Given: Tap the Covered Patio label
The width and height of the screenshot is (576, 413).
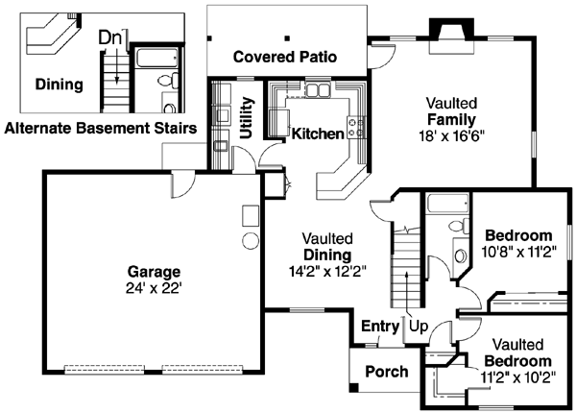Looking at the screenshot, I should (x=285, y=57).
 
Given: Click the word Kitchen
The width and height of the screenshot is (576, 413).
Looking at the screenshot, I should (x=318, y=134).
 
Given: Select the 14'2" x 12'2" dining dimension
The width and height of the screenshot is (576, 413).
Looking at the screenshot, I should (x=326, y=272).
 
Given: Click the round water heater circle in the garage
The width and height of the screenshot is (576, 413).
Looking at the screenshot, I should (x=251, y=239).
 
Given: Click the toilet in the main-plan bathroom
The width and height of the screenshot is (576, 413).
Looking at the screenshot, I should (x=459, y=255).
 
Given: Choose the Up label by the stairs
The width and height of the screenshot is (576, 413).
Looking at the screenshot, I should (x=419, y=326).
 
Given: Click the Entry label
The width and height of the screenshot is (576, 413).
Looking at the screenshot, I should (x=379, y=326).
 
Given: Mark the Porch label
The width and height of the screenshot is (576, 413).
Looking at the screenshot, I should (x=386, y=372).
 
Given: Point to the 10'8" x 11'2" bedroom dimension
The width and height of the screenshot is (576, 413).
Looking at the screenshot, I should (x=517, y=254).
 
